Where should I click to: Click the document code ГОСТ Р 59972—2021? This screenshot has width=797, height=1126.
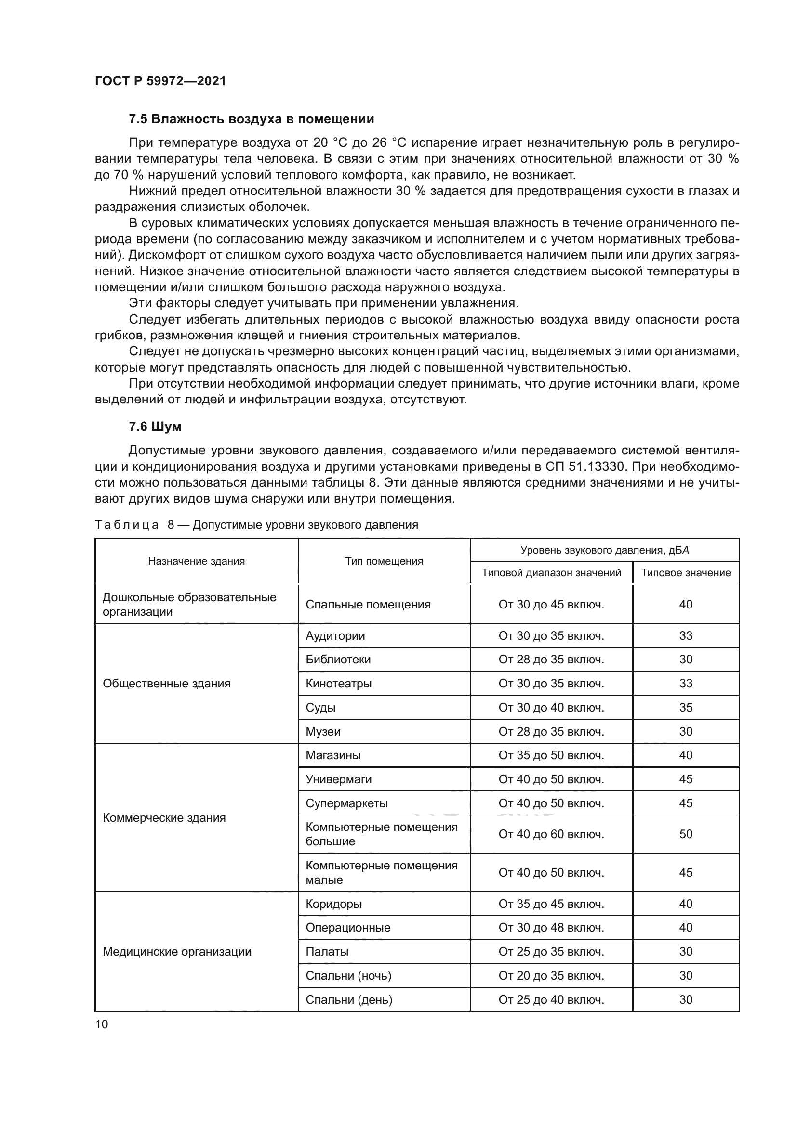click(x=160, y=81)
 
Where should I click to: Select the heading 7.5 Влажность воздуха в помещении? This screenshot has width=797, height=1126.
click(x=251, y=119)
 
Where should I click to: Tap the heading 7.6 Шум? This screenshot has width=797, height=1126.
click(x=155, y=427)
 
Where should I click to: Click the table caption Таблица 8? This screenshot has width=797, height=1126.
click(x=256, y=525)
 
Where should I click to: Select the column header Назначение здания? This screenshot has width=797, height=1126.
click(x=196, y=561)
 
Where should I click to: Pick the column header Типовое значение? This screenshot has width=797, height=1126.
click(x=686, y=573)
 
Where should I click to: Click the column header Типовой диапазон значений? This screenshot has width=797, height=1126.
click(x=551, y=573)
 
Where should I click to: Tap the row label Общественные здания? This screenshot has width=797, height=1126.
click(x=166, y=684)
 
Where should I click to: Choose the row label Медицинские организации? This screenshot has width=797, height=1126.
click(x=177, y=952)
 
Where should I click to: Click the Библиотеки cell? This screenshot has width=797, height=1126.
click(x=338, y=660)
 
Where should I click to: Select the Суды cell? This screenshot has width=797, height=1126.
click(x=320, y=708)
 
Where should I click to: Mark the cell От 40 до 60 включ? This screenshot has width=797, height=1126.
click(x=551, y=834)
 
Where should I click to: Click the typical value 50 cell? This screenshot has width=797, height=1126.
click(x=686, y=834)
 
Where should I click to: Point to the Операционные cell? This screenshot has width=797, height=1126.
click(x=348, y=928)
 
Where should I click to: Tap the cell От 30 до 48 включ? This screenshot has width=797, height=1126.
click(x=551, y=928)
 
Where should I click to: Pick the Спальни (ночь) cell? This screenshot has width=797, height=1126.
click(x=348, y=976)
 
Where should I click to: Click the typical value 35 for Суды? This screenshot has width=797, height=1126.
click(x=686, y=708)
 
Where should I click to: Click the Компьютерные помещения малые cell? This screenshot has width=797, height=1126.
click(x=381, y=872)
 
